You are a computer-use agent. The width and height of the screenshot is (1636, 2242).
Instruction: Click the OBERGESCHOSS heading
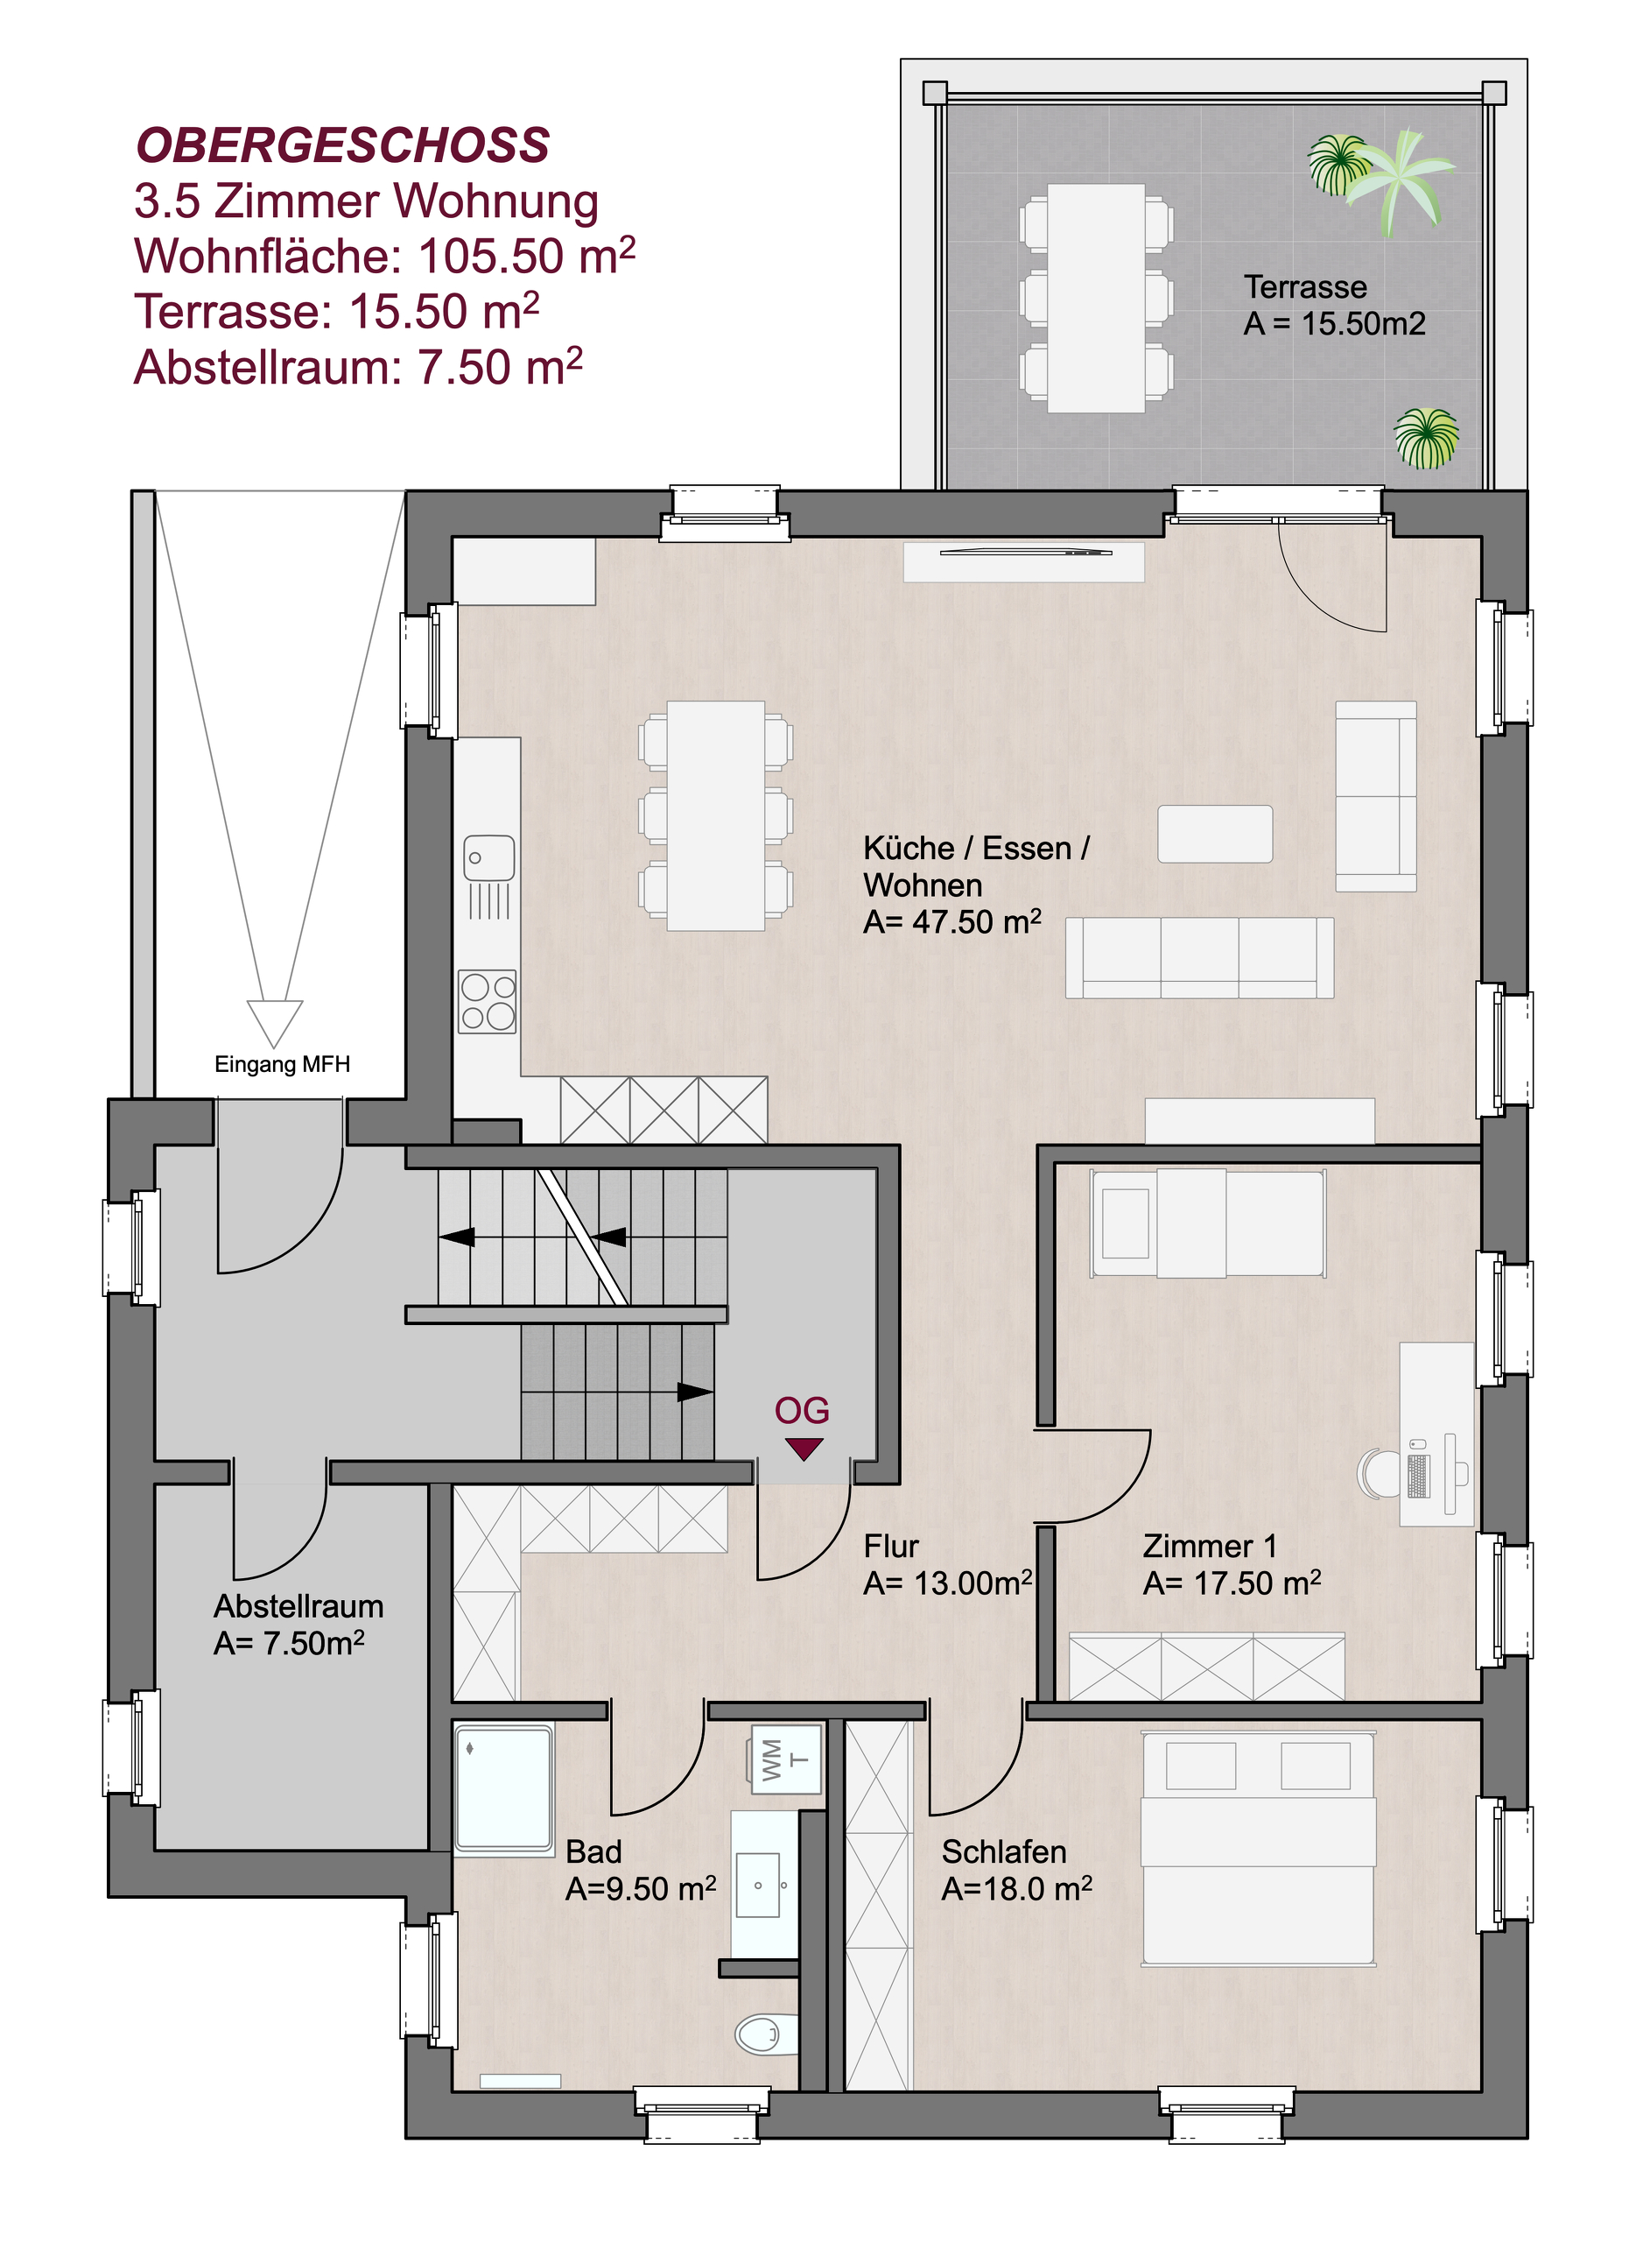pos(342,145)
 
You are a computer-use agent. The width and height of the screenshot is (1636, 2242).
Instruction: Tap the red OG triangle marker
pos(804,1449)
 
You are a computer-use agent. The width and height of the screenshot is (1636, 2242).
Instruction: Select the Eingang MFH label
pos(282,1064)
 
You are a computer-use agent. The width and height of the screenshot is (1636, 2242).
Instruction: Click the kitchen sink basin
pos(489,858)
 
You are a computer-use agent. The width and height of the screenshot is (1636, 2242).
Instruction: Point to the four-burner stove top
pos(488,1002)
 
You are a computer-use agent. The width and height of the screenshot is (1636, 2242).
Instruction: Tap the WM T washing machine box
pos(786,1759)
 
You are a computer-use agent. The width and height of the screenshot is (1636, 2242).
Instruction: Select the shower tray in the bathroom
pos(504,1788)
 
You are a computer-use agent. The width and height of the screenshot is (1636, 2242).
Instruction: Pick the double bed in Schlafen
pos(1258,1849)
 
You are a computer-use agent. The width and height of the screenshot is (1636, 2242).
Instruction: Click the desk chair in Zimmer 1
pos(1378,1473)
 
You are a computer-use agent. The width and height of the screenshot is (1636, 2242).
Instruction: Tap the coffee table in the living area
pos(1215,835)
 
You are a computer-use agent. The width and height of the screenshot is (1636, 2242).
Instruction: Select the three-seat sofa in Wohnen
pos(1199,957)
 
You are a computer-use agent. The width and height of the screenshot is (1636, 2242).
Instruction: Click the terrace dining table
pos(1096,299)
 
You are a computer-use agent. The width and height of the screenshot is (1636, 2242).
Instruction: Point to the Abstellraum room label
pos(298,1606)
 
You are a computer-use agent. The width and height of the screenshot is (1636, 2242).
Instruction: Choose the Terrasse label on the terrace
pos(1305,287)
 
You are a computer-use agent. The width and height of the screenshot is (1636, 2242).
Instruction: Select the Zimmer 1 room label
pos(1211,1546)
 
